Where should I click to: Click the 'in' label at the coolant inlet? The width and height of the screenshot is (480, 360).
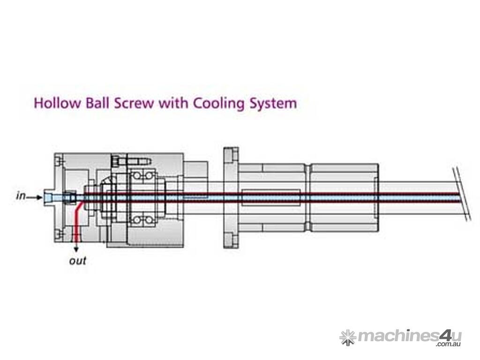(21, 196)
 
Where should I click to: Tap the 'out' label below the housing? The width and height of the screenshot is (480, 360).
(78, 261)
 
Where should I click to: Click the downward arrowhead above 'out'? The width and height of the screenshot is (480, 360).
(76, 247)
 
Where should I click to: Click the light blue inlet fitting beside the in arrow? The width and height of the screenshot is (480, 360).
(52, 197)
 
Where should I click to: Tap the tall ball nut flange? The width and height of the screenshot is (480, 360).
(230, 197)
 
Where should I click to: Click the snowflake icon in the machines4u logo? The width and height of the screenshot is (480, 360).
(347, 337)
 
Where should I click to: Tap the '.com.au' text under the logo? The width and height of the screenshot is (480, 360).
(449, 345)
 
